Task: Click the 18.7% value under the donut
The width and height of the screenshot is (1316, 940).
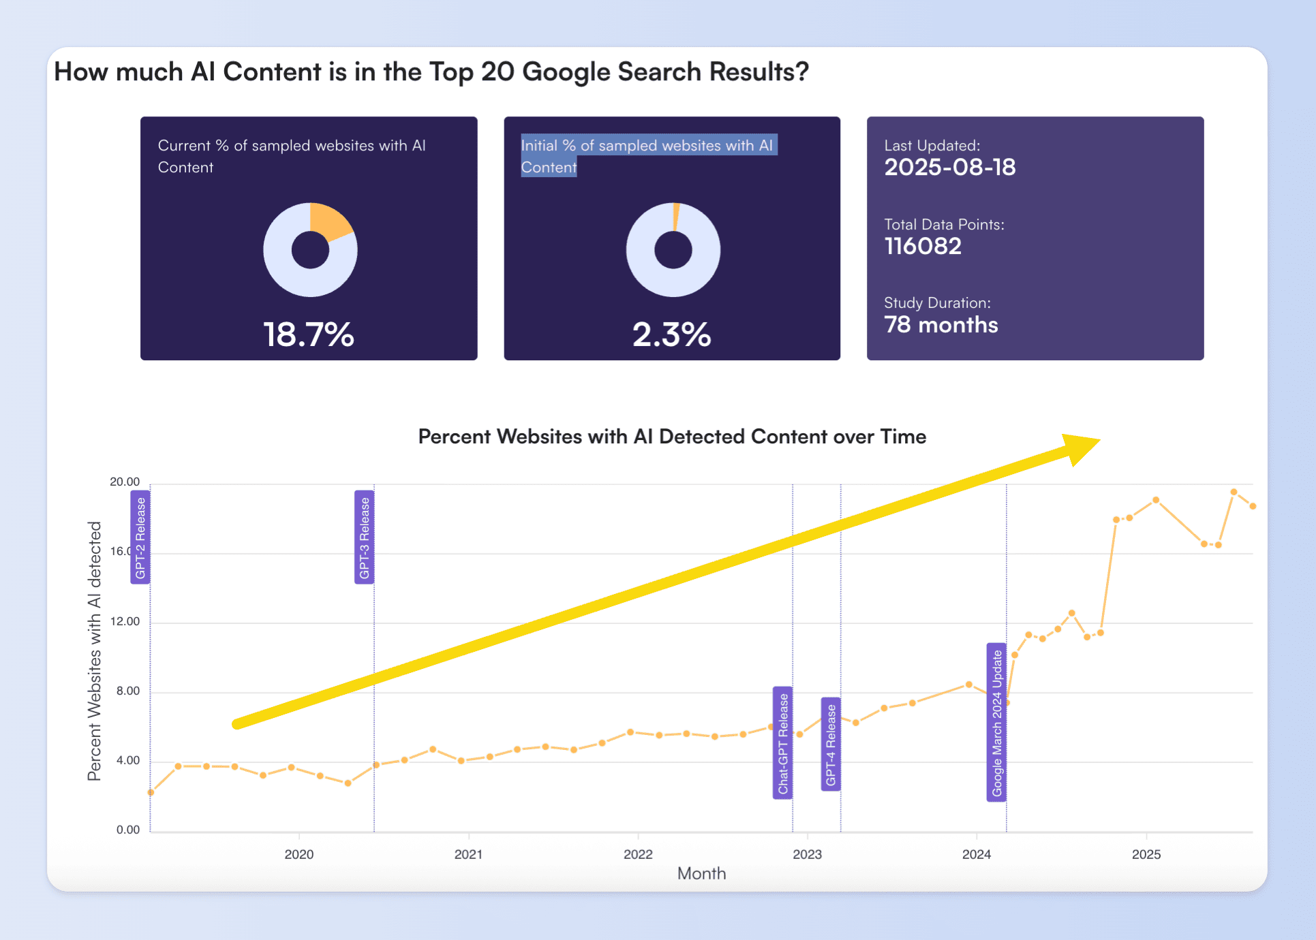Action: tap(309, 334)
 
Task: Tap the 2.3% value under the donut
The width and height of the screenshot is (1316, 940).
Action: tap(672, 334)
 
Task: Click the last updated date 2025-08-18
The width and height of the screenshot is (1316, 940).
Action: tap(949, 168)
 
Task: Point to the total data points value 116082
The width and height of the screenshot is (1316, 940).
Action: tap(923, 247)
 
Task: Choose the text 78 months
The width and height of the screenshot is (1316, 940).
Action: tap(940, 325)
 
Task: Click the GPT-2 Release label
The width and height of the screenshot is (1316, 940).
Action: tap(140, 537)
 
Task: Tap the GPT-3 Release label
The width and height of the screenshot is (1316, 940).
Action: tap(365, 537)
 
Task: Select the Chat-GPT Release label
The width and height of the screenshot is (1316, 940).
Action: tap(783, 743)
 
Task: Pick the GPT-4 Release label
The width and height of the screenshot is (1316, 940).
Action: tap(831, 745)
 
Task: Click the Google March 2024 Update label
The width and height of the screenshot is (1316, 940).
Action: tap(997, 722)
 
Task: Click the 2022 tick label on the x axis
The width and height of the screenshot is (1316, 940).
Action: tap(638, 854)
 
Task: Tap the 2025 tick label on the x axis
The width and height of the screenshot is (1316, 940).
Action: tap(1146, 854)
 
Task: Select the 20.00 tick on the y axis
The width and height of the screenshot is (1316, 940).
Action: tap(125, 482)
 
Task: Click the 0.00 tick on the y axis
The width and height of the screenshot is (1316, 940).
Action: tap(128, 830)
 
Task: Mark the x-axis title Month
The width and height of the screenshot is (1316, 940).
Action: tap(701, 874)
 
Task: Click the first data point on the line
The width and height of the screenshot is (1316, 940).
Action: tap(151, 792)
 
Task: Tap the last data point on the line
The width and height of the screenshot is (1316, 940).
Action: tap(1253, 506)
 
